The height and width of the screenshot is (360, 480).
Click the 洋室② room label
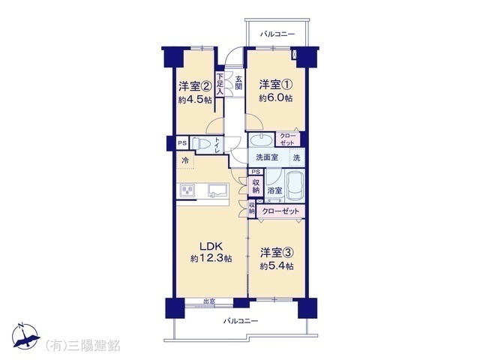[193, 85]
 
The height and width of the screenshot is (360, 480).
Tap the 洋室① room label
[275, 83]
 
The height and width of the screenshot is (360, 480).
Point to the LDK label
[210, 245]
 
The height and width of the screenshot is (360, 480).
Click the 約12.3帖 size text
[210, 259]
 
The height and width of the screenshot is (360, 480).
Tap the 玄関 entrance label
[238, 82]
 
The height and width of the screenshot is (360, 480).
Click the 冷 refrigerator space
[184, 160]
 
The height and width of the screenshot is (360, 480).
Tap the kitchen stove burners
[187, 190]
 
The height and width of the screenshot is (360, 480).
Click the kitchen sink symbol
[217, 190]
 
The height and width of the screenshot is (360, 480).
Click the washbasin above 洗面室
[262, 140]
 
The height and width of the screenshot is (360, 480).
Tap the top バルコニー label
[277, 34]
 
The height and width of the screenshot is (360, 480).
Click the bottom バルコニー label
[240, 321]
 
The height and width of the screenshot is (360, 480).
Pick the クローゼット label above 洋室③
[281, 211]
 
